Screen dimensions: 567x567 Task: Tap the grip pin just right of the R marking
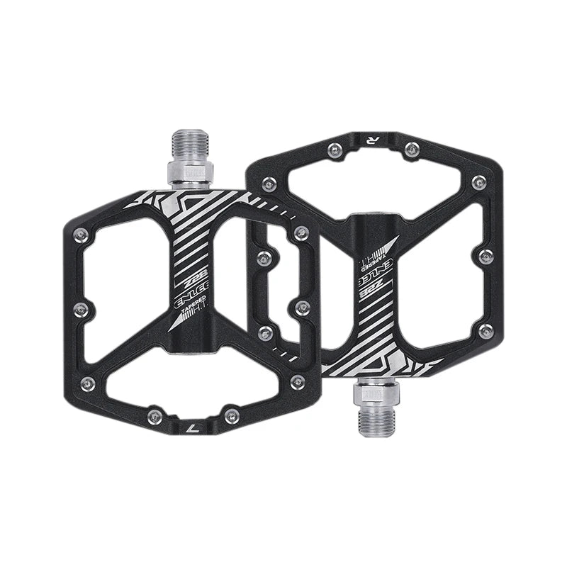pyautogui.click(x=410, y=149)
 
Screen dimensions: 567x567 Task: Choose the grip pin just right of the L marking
pyautogui.click(x=228, y=416)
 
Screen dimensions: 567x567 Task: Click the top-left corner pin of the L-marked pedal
pyautogui.click(x=82, y=231)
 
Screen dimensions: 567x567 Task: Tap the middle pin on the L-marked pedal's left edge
pyautogui.click(x=81, y=308)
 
